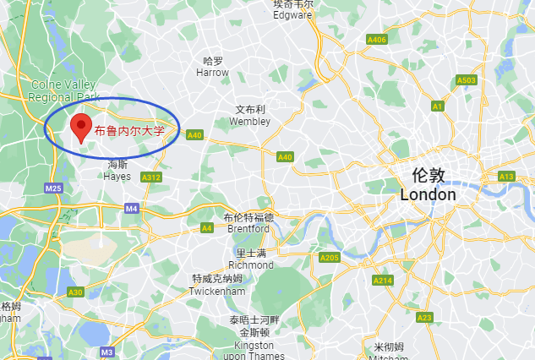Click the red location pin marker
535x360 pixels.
pyautogui.click(x=80, y=128)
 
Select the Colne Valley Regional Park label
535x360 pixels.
pyautogui.click(x=64, y=90)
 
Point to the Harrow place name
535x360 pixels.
pyautogui.click(x=213, y=67)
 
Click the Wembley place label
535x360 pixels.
pyautogui.click(x=251, y=116)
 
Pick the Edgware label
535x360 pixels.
pyautogui.click(x=293, y=9)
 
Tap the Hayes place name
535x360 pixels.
pyautogui.click(x=117, y=171)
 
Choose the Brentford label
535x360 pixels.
pyautogui.click(x=248, y=223)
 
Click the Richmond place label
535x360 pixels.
pyautogui.click(x=251, y=259)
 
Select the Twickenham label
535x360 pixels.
pyautogui.click(x=217, y=286)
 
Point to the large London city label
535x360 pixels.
pyautogui.click(x=428, y=185)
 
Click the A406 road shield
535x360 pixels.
pyautogui.click(x=377, y=40)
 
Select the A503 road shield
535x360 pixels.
pyautogui.click(x=467, y=80)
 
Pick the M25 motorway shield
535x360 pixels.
pyautogui.click(x=54, y=188)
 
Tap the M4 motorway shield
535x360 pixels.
pyautogui.click(x=131, y=208)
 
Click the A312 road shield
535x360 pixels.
pyautogui.click(x=151, y=177)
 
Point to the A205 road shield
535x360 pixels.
pyautogui.click(x=330, y=258)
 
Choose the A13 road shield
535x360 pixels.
pyautogui.click(x=506, y=177)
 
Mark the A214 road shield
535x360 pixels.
pyautogui.click(x=384, y=281)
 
